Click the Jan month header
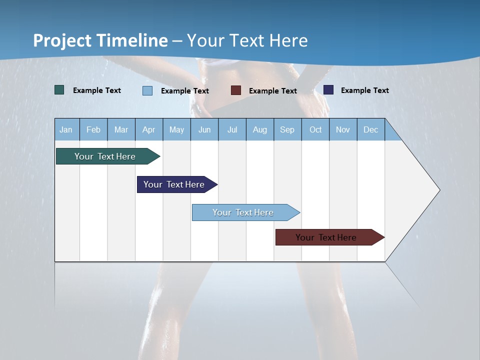(66, 129)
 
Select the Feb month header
(93, 129)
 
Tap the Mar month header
(121, 129)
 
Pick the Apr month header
(149, 129)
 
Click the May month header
(176, 129)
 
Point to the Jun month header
(204, 129)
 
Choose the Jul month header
(232, 129)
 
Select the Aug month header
(260, 129)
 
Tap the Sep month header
(287, 129)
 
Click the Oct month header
(315, 129)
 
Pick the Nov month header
(343, 129)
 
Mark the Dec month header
(371, 129)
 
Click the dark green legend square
(59, 90)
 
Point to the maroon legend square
(236, 90)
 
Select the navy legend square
(328, 90)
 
